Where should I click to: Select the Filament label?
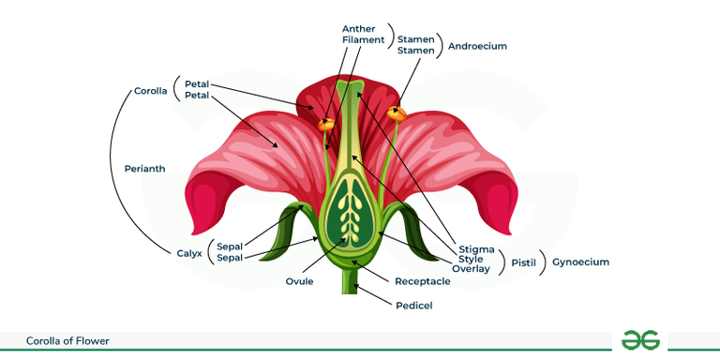pos(364,40)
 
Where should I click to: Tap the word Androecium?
pos(478,45)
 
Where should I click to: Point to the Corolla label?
pos(150,91)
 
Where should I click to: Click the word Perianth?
pos(144,169)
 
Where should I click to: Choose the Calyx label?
pos(188,252)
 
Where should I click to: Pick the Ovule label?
pos(300,280)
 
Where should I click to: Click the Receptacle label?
pos(423,281)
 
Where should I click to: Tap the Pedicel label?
pos(412,305)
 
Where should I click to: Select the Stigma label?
pos(476,248)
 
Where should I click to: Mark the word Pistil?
pos(523,262)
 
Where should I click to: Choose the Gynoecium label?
pos(580,262)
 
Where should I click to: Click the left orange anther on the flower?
pos(326,123)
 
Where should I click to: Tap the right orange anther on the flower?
pos(396,113)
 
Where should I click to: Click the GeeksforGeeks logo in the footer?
pos(640,340)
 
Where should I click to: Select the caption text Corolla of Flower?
pos(67,341)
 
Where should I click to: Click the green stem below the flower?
pos(351,281)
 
